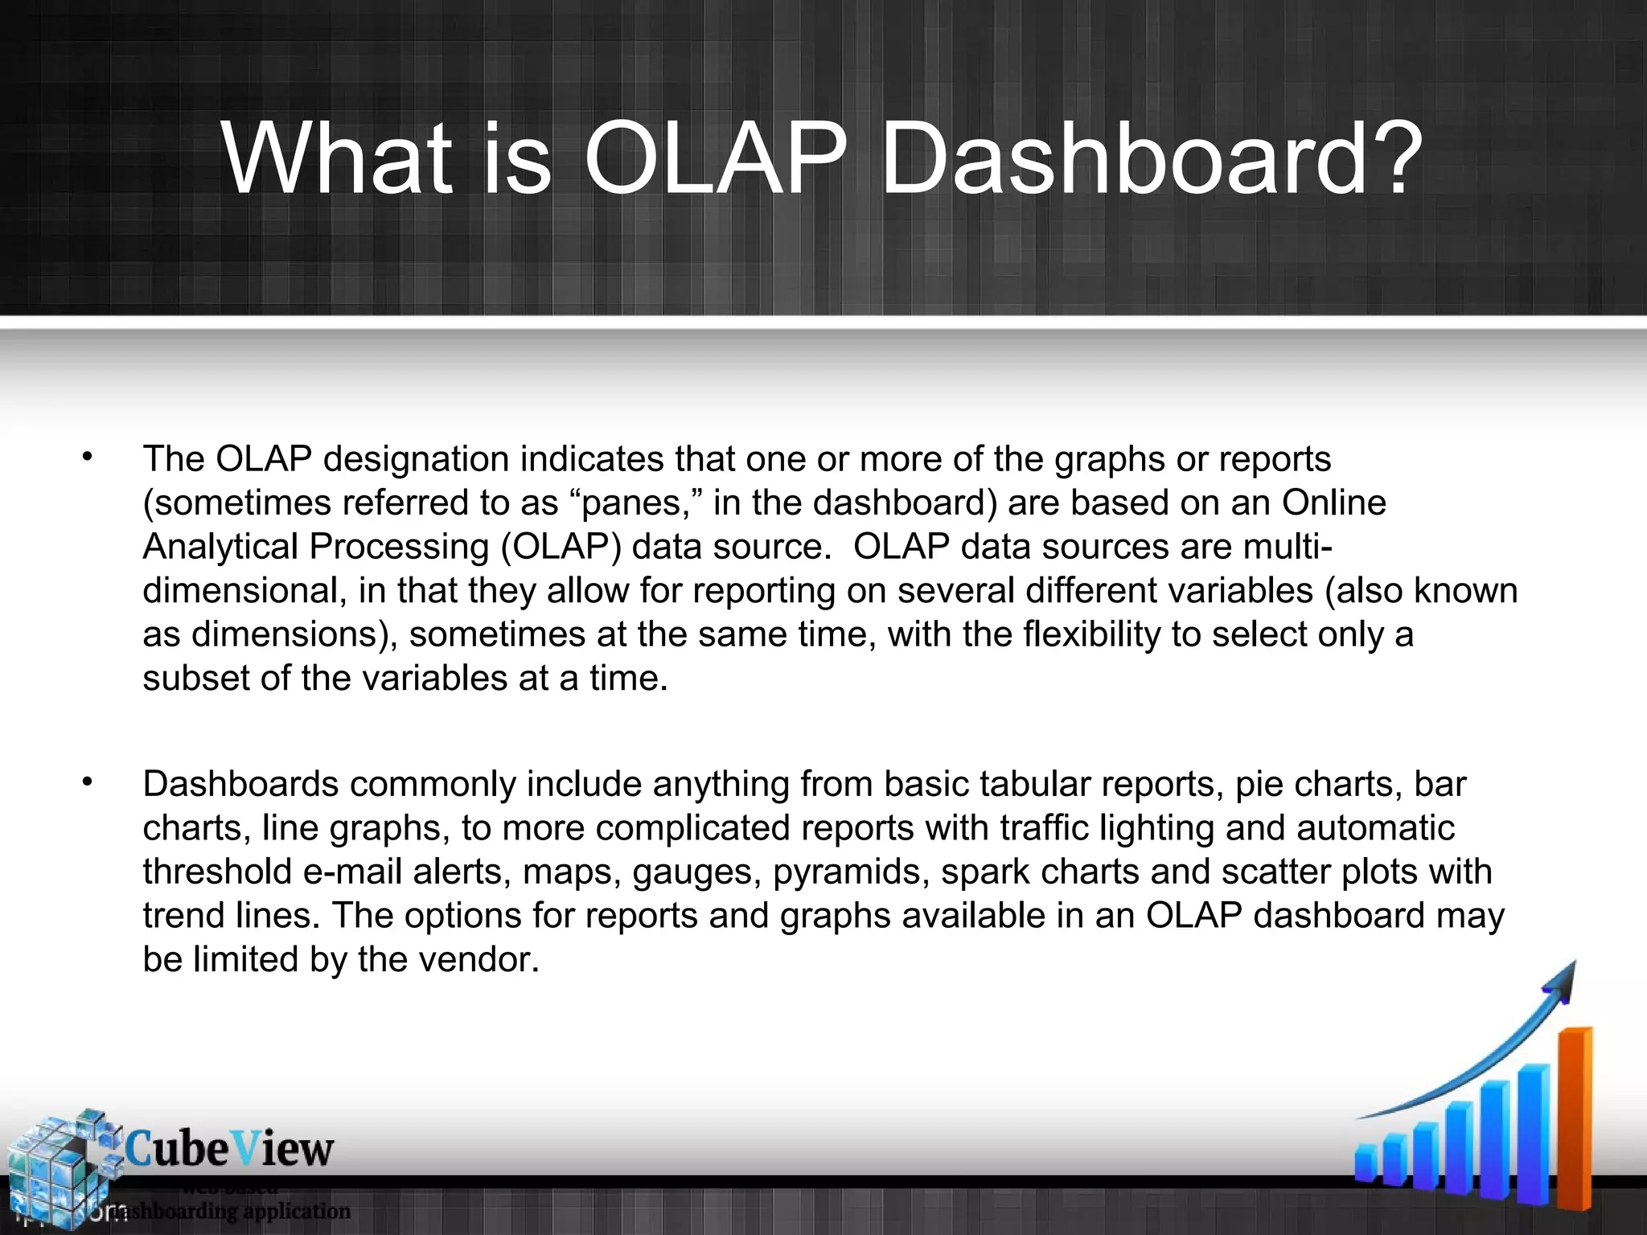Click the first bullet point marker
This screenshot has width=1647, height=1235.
pyautogui.click(x=87, y=458)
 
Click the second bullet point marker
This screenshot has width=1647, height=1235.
pyautogui.click(x=87, y=782)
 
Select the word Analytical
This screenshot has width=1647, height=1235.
pyautogui.click(x=220, y=547)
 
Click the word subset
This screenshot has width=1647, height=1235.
pyautogui.click(x=196, y=678)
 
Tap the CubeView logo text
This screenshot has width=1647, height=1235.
pyautogui.click(x=229, y=1148)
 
